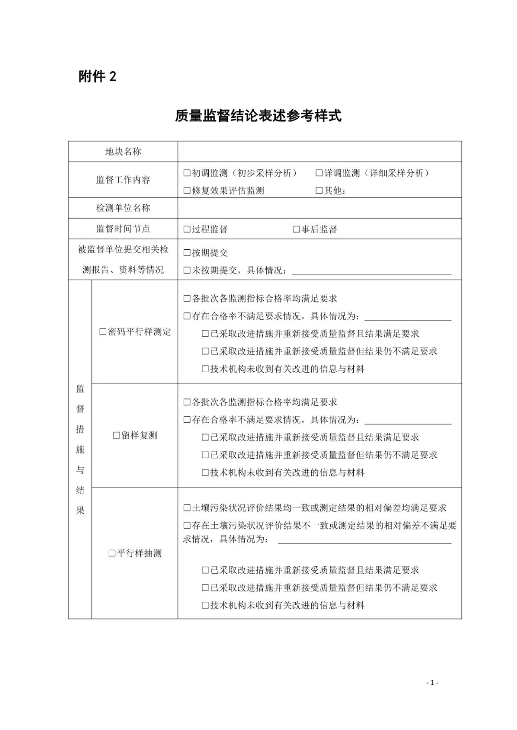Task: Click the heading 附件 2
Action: click(x=97, y=76)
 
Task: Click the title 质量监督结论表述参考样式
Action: click(x=258, y=116)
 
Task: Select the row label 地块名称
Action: click(x=123, y=152)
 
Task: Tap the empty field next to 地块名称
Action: click(x=319, y=152)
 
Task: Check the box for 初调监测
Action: click(x=187, y=173)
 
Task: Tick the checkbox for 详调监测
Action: click(x=319, y=173)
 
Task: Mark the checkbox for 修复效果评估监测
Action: click(x=187, y=191)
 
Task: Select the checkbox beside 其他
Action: click(x=319, y=191)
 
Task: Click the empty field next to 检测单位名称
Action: click(x=319, y=208)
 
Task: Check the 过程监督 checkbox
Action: click(x=187, y=230)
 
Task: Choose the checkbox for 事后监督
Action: click(x=296, y=230)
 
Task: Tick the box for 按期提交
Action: click(x=187, y=253)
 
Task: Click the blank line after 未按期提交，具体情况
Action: click(x=371, y=271)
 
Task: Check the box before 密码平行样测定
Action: click(x=103, y=332)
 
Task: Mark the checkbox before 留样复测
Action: click(x=116, y=436)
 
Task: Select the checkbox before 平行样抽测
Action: click(x=112, y=553)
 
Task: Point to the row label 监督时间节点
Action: click(x=123, y=229)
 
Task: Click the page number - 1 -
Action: click(x=432, y=683)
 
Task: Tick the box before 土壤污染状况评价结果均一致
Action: click(x=187, y=508)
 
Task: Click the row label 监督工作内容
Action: click(x=123, y=180)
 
